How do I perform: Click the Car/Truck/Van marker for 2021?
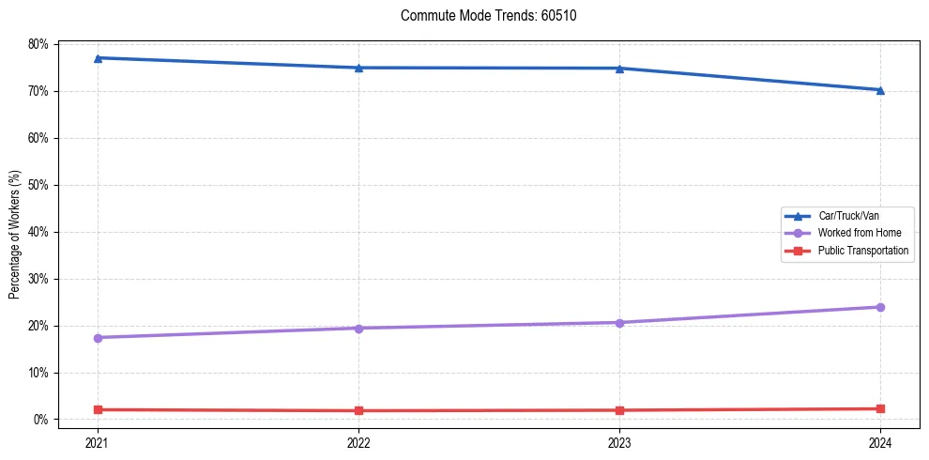(x=98, y=58)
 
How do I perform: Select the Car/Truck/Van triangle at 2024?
(x=880, y=90)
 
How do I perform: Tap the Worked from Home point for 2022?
(x=358, y=328)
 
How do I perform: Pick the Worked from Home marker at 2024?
(x=880, y=307)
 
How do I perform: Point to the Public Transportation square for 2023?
(x=619, y=410)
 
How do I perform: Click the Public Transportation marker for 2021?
(x=98, y=409)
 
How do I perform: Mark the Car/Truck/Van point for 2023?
(x=619, y=69)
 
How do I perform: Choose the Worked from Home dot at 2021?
(x=98, y=337)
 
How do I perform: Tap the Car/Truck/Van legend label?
(x=848, y=216)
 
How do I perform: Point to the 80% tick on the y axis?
(x=38, y=44)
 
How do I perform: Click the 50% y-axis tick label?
(x=38, y=185)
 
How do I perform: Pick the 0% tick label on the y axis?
(x=41, y=420)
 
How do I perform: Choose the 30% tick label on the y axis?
(x=38, y=279)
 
